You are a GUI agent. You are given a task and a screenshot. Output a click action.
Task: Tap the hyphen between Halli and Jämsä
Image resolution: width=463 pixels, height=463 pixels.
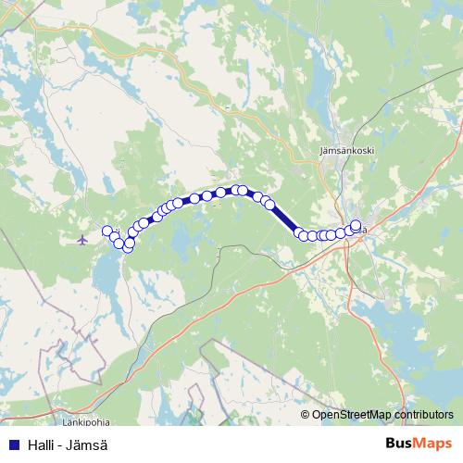(x=59, y=444)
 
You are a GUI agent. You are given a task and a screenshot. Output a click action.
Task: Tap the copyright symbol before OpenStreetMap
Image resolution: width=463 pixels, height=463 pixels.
(x=306, y=415)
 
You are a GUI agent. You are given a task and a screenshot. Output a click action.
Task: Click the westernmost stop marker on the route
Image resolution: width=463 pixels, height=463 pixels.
(x=107, y=231)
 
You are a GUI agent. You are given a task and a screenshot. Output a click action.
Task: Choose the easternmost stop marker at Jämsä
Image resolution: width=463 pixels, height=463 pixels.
(x=357, y=224)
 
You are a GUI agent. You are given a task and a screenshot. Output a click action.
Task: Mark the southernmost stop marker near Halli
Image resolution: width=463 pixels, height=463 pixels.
(x=127, y=247)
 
